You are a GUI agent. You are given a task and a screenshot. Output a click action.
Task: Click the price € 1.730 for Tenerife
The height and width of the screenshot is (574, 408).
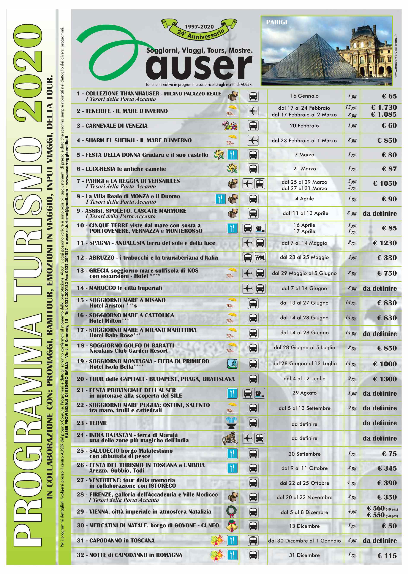point(384,108)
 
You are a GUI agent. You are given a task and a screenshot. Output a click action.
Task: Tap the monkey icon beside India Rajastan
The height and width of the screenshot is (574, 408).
point(230,438)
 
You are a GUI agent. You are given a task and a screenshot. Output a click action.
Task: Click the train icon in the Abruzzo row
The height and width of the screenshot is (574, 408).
point(260,258)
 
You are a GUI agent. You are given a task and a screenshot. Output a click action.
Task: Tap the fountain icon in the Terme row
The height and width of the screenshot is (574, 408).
point(231,423)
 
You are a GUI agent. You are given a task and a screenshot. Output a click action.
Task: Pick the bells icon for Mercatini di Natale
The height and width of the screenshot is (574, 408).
point(231,526)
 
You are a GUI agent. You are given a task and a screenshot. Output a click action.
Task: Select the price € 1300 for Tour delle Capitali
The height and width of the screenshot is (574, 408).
point(385,379)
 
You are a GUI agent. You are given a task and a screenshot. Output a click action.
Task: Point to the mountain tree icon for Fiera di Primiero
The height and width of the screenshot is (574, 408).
point(232,364)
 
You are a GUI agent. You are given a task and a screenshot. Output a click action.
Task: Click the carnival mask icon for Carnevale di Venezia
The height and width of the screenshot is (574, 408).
point(230,125)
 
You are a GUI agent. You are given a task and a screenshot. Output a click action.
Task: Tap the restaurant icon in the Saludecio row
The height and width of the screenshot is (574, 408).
point(232,454)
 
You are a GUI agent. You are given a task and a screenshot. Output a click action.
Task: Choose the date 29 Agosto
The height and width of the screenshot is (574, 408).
point(304,393)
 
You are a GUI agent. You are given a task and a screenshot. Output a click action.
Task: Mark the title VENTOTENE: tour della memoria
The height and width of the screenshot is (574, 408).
point(132,480)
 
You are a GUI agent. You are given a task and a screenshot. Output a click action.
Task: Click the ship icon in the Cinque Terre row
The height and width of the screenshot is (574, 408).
point(260,228)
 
